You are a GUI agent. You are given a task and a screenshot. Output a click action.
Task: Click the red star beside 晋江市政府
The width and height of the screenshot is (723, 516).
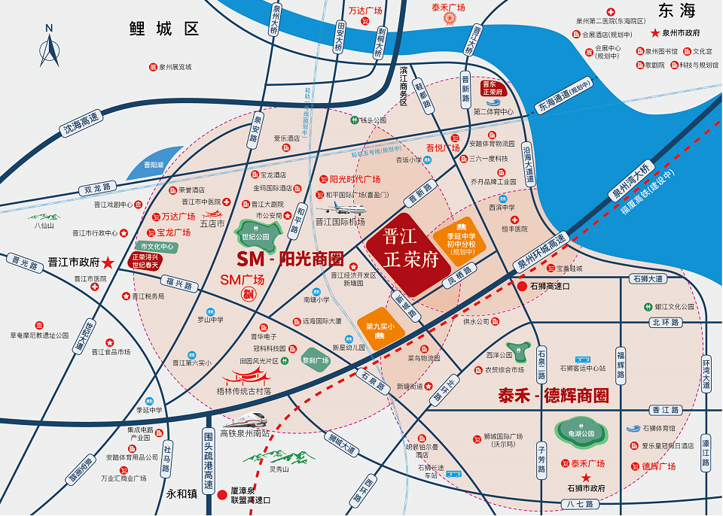pos(109,263)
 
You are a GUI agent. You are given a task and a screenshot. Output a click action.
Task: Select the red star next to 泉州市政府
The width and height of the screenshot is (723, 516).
pos(655,33)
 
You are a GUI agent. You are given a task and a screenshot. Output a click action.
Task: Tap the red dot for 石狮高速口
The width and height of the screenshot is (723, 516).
pos(523,286)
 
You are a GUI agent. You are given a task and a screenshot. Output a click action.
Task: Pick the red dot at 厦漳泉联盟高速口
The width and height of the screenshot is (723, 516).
pos(222,496)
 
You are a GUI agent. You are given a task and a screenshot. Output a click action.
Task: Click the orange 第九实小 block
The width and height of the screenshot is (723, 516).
pos(380,324)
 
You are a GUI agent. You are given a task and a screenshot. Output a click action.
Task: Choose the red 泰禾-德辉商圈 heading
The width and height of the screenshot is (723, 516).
pos(553,396)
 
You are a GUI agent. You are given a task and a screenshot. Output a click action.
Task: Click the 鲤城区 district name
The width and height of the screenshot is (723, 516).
pos(163,29)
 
